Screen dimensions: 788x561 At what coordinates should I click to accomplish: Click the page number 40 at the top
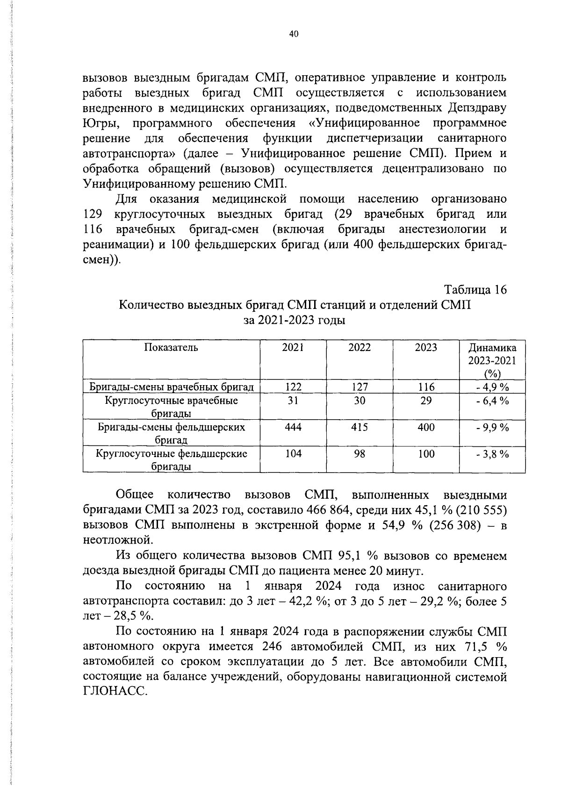coord(294,34)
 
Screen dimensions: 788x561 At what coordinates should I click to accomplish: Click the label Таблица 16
coord(475,290)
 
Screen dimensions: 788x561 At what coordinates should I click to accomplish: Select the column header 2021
coord(293,347)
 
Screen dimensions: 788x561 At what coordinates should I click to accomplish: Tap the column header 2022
coord(360,347)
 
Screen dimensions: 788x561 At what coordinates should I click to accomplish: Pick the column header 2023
coord(426,347)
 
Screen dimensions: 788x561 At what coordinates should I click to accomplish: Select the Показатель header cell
coord(171,347)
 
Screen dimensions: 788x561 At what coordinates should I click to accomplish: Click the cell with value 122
coord(293,387)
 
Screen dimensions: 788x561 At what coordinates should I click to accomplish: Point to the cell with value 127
coord(360,387)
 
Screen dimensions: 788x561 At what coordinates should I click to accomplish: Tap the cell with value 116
coord(426,387)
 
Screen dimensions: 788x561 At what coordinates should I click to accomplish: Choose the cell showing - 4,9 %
coord(492,387)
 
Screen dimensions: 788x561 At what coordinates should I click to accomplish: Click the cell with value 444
coord(293,427)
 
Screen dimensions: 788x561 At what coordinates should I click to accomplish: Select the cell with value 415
coord(360,427)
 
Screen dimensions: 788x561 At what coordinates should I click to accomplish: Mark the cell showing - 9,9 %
coord(492,427)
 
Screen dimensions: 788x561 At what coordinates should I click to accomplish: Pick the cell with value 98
coord(360,454)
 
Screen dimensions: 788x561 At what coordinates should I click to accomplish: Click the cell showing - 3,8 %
coord(492,454)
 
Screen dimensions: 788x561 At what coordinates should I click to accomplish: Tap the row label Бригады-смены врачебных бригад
coord(171,387)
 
